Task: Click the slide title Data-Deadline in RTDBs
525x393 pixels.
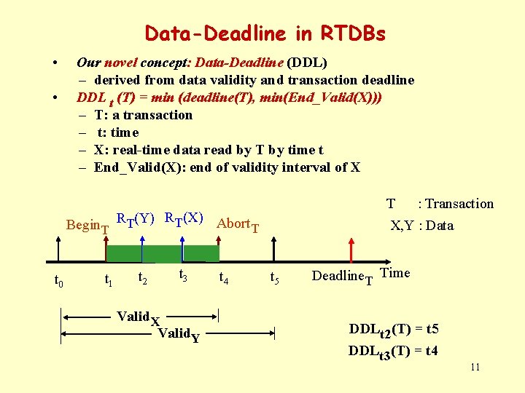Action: click(265, 33)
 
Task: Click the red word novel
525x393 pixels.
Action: click(120, 63)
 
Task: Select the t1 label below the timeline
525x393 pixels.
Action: click(108, 279)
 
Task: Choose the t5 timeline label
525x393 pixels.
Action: click(275, 277)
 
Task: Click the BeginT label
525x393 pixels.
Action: click(87, 226)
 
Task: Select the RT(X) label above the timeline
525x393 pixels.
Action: click(183, 218)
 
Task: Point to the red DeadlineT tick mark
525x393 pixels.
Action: click(352, 252)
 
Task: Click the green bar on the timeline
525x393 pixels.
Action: click(162, 253)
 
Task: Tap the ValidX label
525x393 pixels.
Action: click(139, 317)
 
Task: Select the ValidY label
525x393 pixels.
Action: click(179, 334)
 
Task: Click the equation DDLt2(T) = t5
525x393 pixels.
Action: click(393, 330)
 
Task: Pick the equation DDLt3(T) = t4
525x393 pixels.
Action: click(393, 351)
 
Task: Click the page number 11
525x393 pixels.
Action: click(475, 367)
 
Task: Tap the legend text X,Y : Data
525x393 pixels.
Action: click(422, 226)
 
